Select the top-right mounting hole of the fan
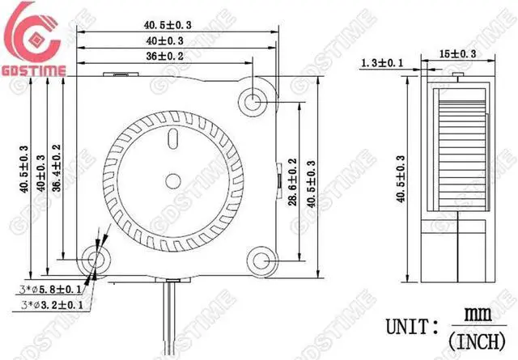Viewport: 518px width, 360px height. tap(253, 102)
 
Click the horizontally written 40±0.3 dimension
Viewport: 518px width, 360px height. tap(164, 40)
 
